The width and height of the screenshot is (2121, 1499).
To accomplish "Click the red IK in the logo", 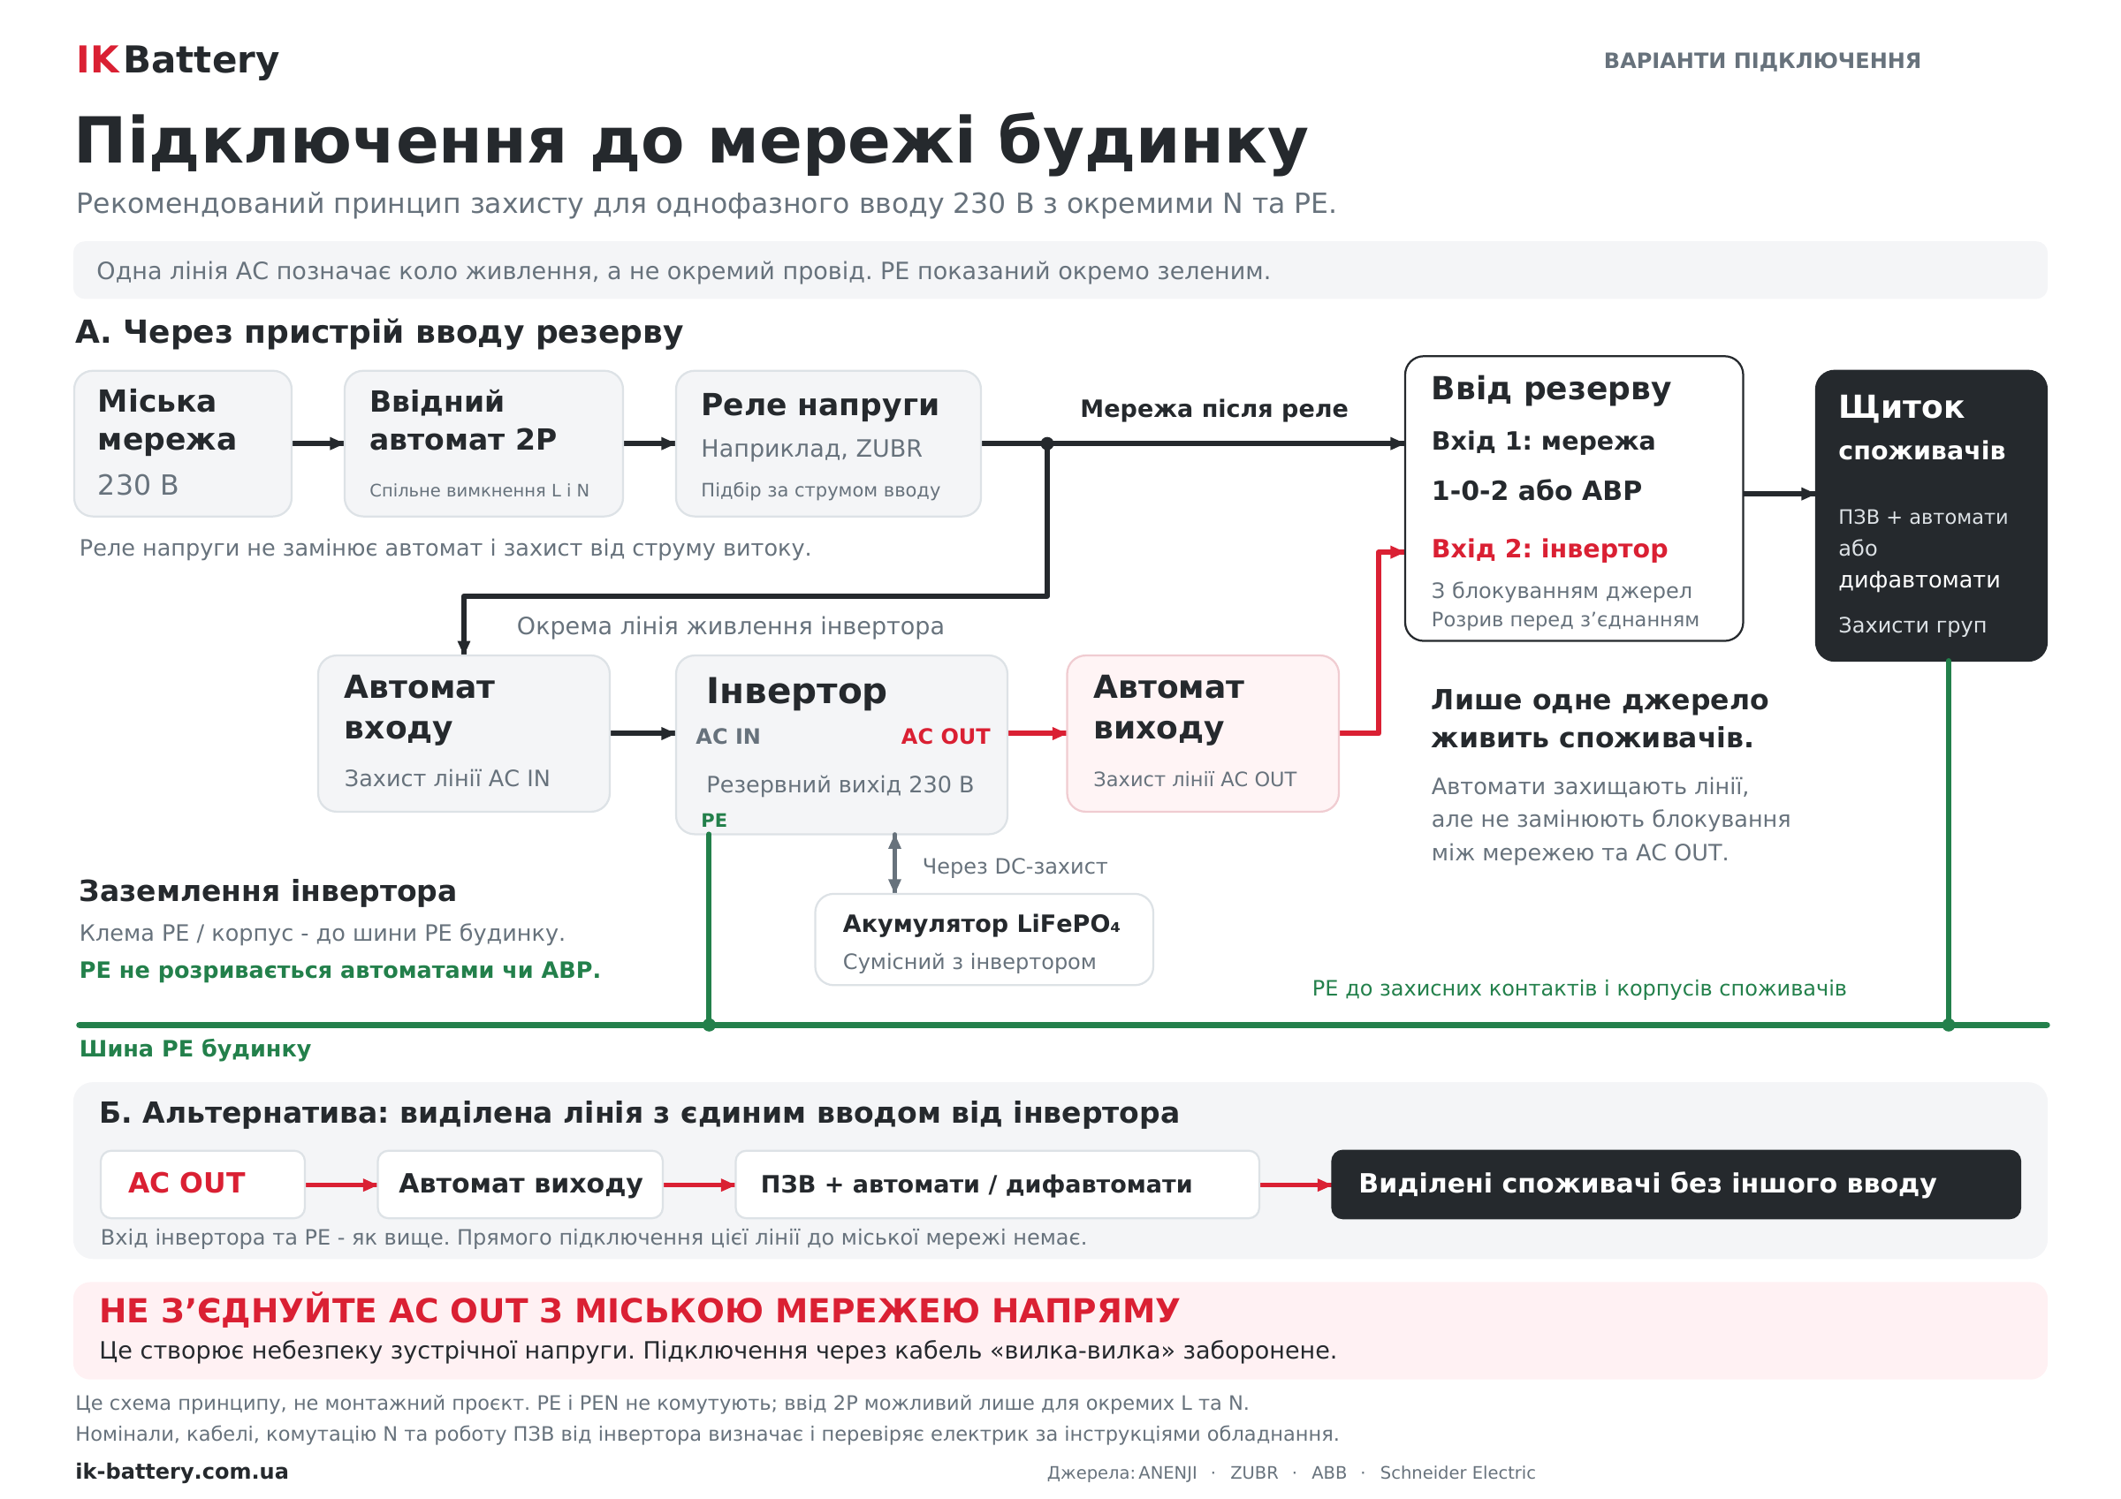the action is pos(98,60).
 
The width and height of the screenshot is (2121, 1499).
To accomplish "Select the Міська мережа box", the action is pos(183,443).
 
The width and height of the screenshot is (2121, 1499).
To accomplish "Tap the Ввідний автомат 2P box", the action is pos(483,443).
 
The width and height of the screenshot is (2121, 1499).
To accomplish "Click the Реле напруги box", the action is pos(828,443).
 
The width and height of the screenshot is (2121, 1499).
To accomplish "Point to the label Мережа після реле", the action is pos(1214,408).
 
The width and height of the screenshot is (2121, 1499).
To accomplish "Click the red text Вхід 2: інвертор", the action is pos(1549,549).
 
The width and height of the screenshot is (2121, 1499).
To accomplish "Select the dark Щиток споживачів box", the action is pos(1931,515).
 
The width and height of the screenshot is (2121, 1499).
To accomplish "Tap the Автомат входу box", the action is pos(464,733).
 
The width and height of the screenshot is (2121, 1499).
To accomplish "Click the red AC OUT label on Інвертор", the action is pos(945,736).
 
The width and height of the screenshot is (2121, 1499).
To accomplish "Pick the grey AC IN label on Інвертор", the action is pos(728,736).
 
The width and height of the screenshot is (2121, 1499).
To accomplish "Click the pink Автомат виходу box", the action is pos(1203,733).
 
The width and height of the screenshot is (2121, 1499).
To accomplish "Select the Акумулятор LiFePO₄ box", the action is pos(984,939).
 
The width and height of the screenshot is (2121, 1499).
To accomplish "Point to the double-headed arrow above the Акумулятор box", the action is pos(894,864).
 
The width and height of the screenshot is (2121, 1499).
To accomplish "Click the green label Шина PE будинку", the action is pos(195,1049).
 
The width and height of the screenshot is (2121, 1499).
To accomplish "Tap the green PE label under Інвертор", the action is pos(714,820).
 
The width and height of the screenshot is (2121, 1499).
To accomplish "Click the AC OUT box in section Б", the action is pos(202,1184).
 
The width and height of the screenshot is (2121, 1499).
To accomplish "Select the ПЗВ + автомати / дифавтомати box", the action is pos(997,1184).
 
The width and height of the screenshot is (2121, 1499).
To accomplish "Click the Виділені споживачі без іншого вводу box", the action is pos(1676,1184).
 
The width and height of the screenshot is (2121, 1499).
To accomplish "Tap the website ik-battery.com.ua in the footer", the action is pos(182,1472).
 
